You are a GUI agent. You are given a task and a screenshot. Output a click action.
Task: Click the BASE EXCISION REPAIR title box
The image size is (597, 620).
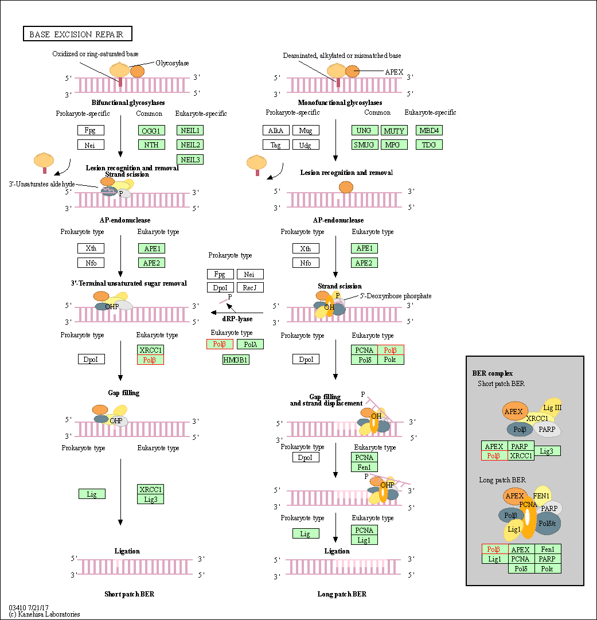click(77, 34)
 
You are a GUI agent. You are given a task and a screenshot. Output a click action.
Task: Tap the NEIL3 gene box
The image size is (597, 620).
click(190, 159)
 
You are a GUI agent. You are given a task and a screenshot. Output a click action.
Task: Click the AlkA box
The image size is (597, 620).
click(276, 130)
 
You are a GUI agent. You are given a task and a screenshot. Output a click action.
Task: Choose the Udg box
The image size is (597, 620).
click(305, 145)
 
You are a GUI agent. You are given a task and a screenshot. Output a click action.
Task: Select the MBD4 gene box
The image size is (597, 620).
click(429, 130)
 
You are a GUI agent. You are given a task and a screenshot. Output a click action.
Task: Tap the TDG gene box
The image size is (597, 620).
click(429, 145)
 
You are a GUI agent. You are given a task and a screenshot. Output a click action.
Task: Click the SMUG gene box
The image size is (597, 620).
click(364, 145)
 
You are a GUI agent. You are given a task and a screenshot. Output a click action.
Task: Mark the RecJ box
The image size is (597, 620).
click(249, 287)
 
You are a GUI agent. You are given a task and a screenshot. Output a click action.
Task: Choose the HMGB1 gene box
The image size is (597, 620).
click(236, 360)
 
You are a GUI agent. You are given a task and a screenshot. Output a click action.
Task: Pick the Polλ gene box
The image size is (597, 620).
click(250, 344)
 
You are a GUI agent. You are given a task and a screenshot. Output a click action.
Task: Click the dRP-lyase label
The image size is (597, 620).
click(237, 319)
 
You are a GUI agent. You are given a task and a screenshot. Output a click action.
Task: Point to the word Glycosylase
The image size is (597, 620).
click(172, 63)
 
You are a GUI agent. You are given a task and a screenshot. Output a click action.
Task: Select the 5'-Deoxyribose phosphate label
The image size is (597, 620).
click(396, 296)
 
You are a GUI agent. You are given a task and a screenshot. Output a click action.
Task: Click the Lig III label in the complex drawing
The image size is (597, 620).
click(552, 408)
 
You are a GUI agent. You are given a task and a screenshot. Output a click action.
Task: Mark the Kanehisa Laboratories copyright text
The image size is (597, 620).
click(44, 614)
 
